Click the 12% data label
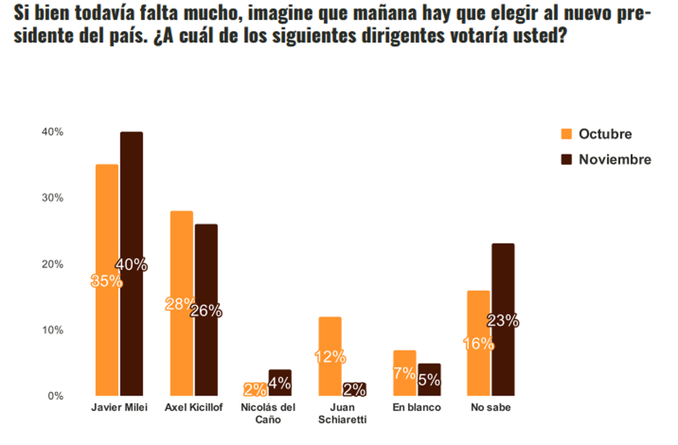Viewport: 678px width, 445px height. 330,356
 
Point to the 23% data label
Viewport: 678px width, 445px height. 503,321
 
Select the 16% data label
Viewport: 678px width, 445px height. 479,343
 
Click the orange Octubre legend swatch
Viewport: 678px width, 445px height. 566,134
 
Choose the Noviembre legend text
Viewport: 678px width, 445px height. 615,160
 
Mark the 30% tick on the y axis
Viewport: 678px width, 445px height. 52,198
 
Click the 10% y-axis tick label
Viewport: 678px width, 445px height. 52,330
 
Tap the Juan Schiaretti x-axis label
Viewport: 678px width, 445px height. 342,413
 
